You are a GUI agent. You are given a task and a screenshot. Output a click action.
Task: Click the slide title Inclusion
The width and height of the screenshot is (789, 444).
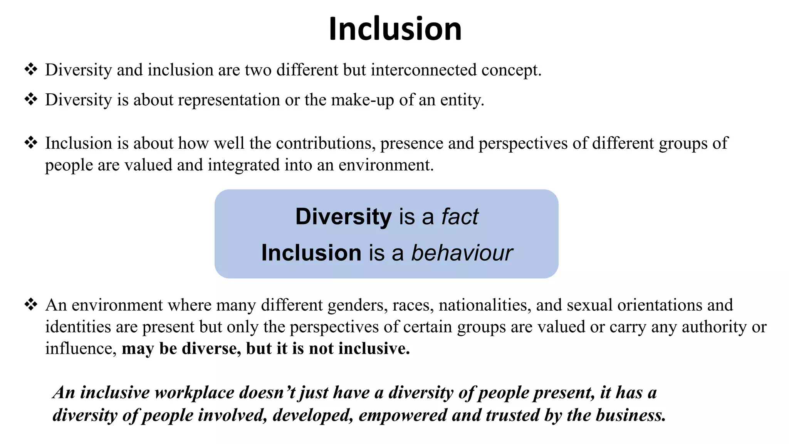[x=395, y=29]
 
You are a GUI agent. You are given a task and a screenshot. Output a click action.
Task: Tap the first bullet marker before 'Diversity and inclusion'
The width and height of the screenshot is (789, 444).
[x=31, y=70]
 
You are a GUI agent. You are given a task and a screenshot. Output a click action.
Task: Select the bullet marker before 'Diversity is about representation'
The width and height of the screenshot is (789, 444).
[x=31, y=99]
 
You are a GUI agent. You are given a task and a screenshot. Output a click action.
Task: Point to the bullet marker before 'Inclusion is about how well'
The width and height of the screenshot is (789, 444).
[x=31, y=143]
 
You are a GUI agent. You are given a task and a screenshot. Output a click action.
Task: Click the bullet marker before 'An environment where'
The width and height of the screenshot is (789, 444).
[x=31, y=305]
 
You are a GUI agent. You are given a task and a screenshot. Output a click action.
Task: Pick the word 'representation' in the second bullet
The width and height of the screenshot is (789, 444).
[x=229, y=100]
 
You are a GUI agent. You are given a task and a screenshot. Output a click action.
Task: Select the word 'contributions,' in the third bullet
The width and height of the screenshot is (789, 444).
[x=326, y=143]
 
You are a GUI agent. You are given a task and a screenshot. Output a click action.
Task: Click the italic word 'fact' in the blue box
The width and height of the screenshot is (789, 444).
[x=460, y=217]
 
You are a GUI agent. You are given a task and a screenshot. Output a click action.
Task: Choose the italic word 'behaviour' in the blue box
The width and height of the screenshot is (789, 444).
[x=462, y=253]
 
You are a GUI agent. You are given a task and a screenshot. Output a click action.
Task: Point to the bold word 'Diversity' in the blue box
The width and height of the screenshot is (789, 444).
[x=343, y=217]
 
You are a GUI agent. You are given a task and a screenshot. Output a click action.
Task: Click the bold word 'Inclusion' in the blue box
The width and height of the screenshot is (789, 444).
[x=311, y=253]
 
